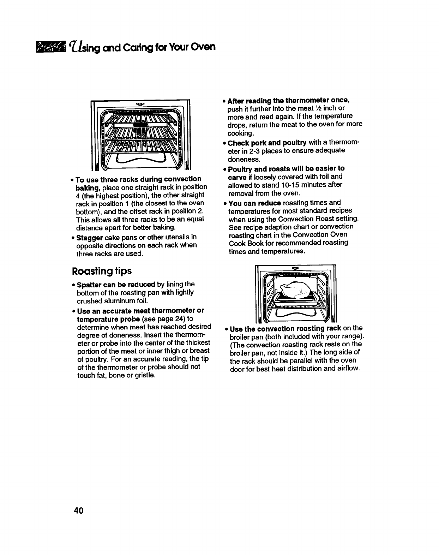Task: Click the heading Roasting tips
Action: click(x=102, y=271)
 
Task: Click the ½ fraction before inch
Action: click(x=321, y=108)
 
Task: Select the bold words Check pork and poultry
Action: click(x=267, y=143)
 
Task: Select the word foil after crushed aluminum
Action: click(x=137, y=301)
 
